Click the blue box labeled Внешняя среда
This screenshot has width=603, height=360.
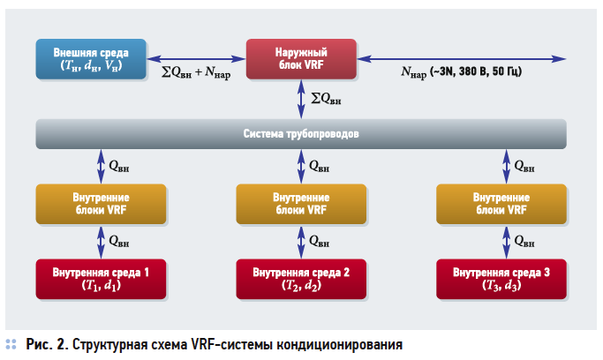tap(90, 59)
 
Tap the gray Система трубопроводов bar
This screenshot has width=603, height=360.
tap(300, 134)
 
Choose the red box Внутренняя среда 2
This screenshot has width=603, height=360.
tap(301, 279)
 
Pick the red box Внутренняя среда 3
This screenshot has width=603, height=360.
tap(501, 279)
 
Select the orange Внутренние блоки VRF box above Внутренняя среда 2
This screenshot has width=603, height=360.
tap(301, 205)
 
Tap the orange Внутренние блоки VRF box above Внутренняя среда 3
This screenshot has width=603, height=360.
tap(501, 205)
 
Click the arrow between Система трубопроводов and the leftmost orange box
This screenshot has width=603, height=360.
tap(100, 167)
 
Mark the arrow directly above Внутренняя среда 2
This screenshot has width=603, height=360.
tap(301, 240)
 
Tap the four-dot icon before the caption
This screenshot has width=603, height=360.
tap(11, 344)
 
